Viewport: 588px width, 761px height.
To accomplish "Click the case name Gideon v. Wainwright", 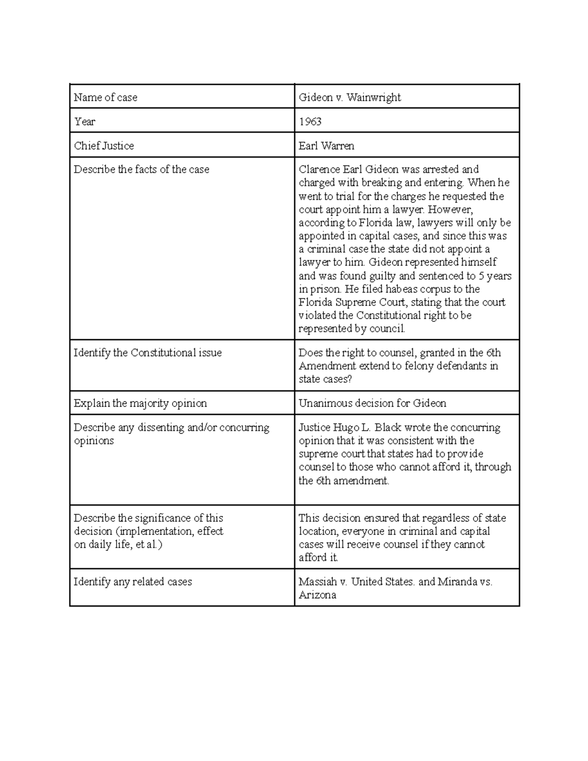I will tap(350, 98).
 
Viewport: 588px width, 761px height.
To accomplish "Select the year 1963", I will tap(310, 122).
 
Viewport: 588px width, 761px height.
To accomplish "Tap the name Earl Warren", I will tap(326, 146).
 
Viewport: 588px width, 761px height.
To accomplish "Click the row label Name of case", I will tap(105, 98).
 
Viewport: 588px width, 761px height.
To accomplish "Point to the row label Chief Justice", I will tap(104, 146).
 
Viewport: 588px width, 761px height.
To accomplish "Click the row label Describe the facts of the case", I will tap(141, 170).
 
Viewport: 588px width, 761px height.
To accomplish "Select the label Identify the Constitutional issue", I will tap(147, 353).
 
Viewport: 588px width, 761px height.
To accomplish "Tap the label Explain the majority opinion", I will tap(140, 403).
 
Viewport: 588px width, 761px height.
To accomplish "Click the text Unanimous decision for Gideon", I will tap(372, 403).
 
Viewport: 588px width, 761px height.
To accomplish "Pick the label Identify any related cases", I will tap(132, 582).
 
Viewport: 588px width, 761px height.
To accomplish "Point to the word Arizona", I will tap(317, 595).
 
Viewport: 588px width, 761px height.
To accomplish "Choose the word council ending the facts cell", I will tap(389, 329).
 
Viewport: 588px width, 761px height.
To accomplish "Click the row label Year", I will tap(84, 122).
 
